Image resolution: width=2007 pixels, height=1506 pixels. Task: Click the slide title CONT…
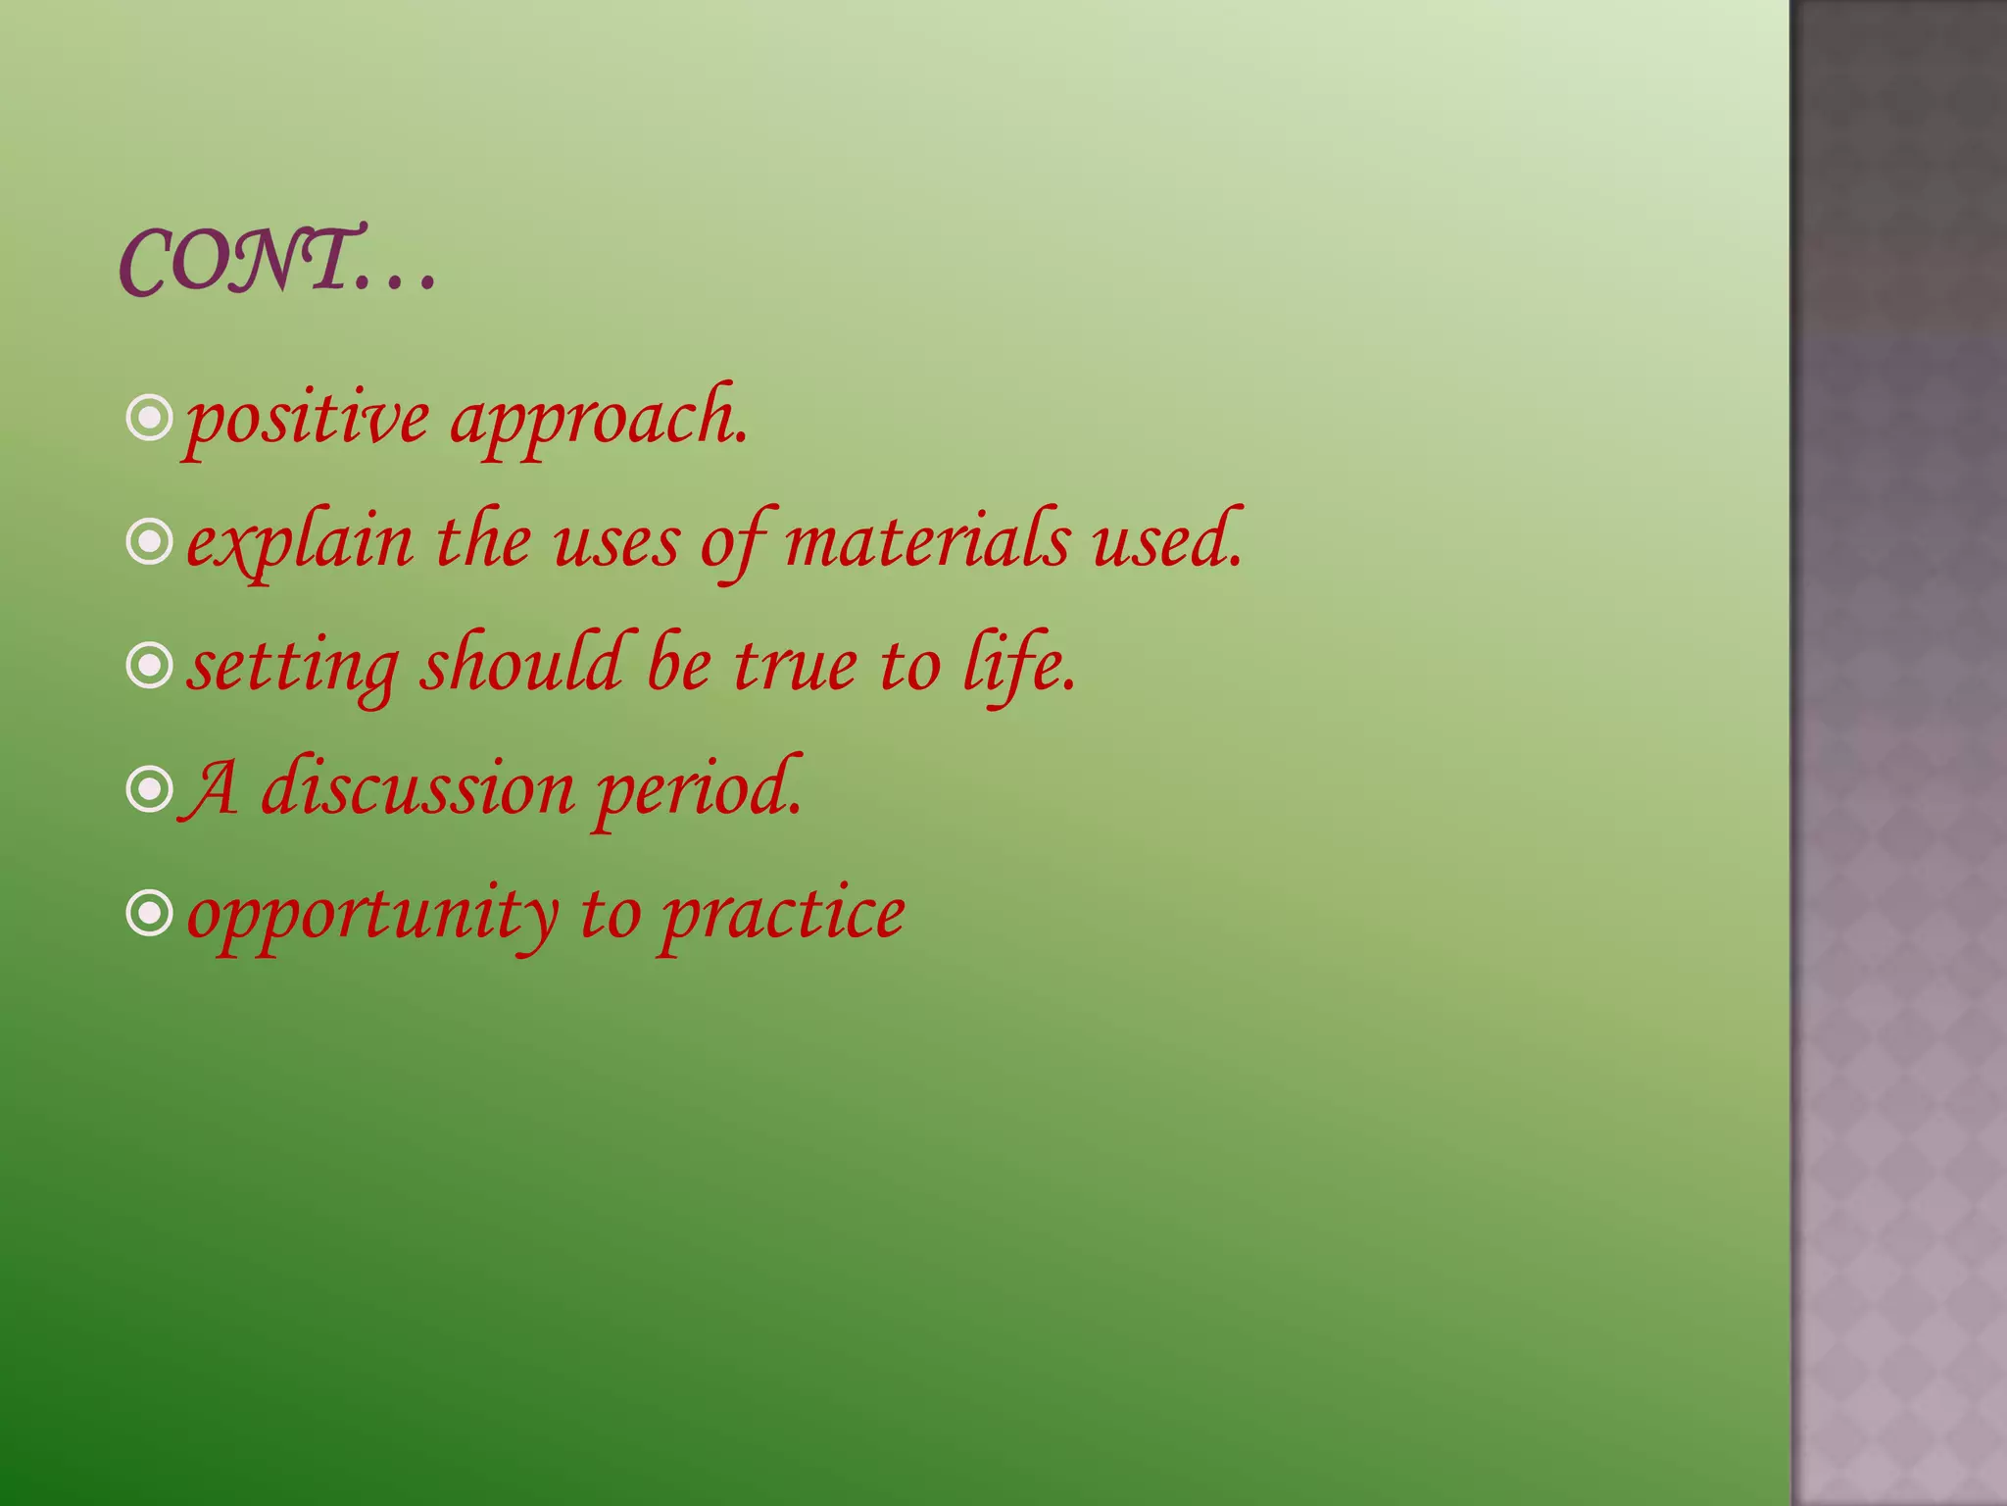pos(277,261)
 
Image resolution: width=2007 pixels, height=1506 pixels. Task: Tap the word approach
pos(598,420)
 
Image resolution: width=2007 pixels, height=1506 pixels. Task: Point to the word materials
pos(926,542)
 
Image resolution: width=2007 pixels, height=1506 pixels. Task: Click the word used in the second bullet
pos(1166,542)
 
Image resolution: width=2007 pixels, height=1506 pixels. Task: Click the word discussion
pos(417,789)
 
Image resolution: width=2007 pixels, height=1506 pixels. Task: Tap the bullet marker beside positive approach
pos(150,419)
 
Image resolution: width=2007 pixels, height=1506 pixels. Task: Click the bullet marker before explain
pos(150,542)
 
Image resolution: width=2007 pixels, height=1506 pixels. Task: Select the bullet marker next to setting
pos(150,667)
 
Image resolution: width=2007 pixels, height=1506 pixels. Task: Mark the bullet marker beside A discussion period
pos(150,790)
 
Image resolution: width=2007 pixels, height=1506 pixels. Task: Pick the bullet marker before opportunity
pos(150,915)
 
